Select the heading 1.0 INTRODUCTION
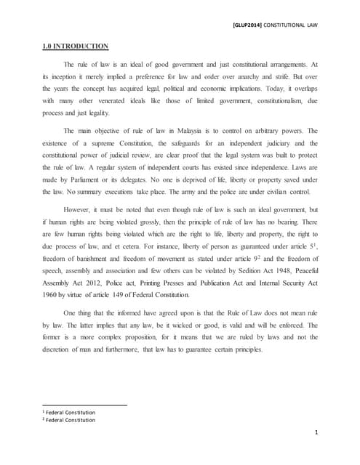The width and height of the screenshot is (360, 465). pos(75,47)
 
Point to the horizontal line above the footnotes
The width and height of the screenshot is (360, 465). pos(84,405)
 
